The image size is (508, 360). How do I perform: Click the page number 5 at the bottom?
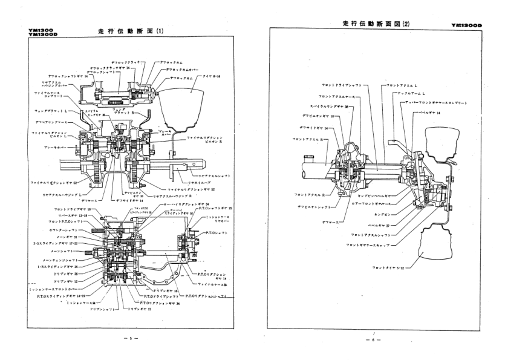point(131,338)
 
